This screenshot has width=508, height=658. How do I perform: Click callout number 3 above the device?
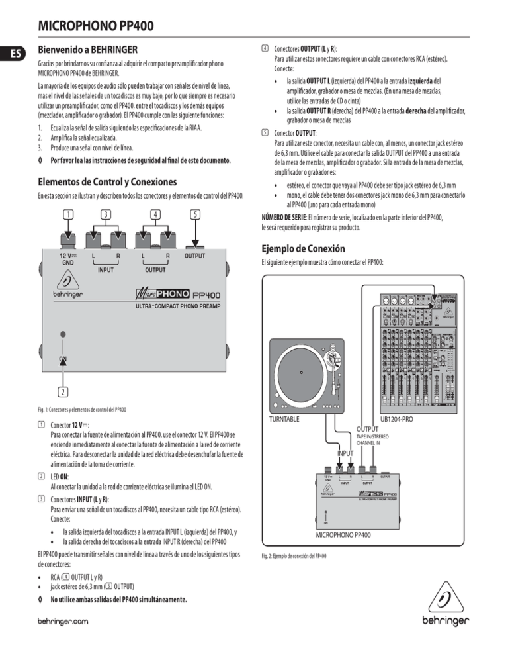106,214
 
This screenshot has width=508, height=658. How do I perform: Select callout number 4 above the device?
154,214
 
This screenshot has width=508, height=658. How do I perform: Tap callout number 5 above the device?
194,214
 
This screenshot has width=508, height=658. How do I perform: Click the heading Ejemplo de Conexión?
303,250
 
